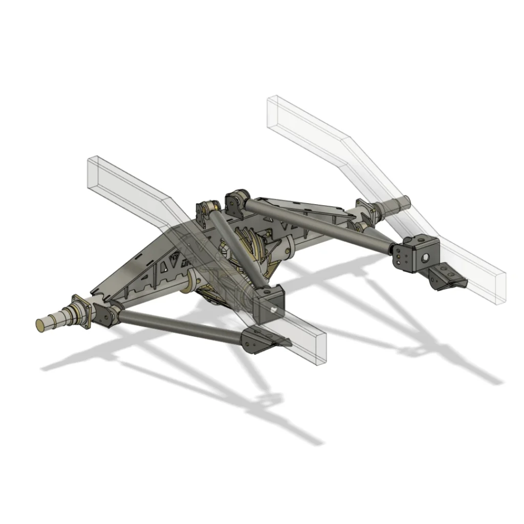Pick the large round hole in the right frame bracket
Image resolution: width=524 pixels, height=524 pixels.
click(424, 256)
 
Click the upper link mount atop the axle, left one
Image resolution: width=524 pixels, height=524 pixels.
click(208, 210)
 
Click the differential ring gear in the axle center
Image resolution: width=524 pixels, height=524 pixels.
click(251, 256)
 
